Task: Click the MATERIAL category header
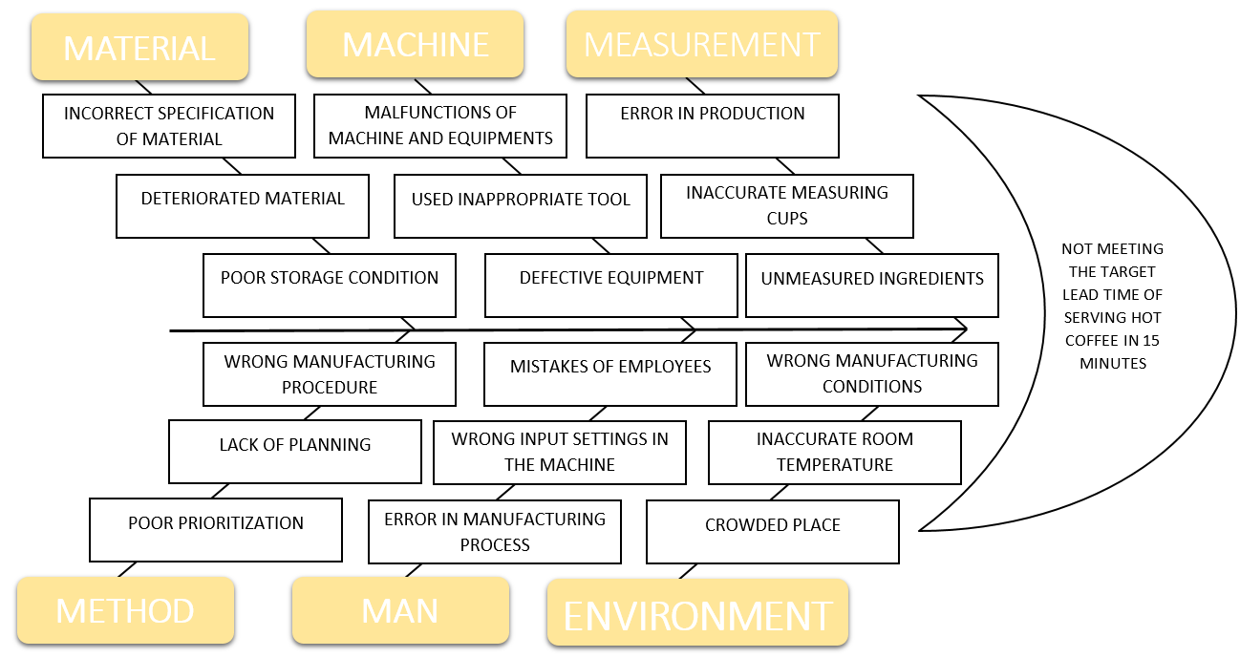point(139,48)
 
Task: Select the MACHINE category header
point(415,44)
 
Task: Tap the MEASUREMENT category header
point(701,44)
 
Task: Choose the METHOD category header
point(125,610)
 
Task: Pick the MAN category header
point(400,610)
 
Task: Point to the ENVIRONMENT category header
point(697,615)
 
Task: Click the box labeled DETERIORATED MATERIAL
point(243,205)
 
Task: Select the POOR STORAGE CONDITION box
point(330,285)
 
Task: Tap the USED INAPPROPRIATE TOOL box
point(521,205)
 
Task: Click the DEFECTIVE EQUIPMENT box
point(611,285)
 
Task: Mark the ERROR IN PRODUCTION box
point(713,125)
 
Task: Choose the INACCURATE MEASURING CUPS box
point(787,205)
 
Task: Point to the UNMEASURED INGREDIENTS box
point(872,285)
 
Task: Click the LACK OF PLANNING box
point(295,452)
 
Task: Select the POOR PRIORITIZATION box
point(216,530)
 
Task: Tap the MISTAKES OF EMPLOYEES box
point(610,374)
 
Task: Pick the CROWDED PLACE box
point(773,532)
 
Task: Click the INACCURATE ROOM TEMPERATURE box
point(835,452)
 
